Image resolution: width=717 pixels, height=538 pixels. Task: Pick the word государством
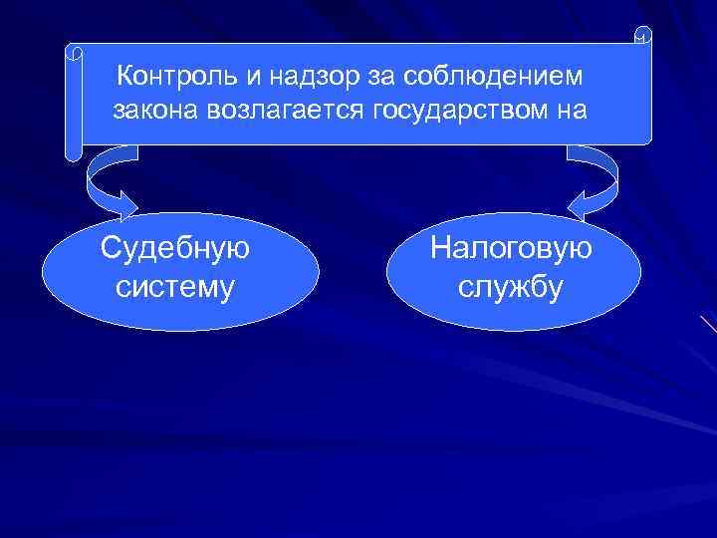tap(460, 109)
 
